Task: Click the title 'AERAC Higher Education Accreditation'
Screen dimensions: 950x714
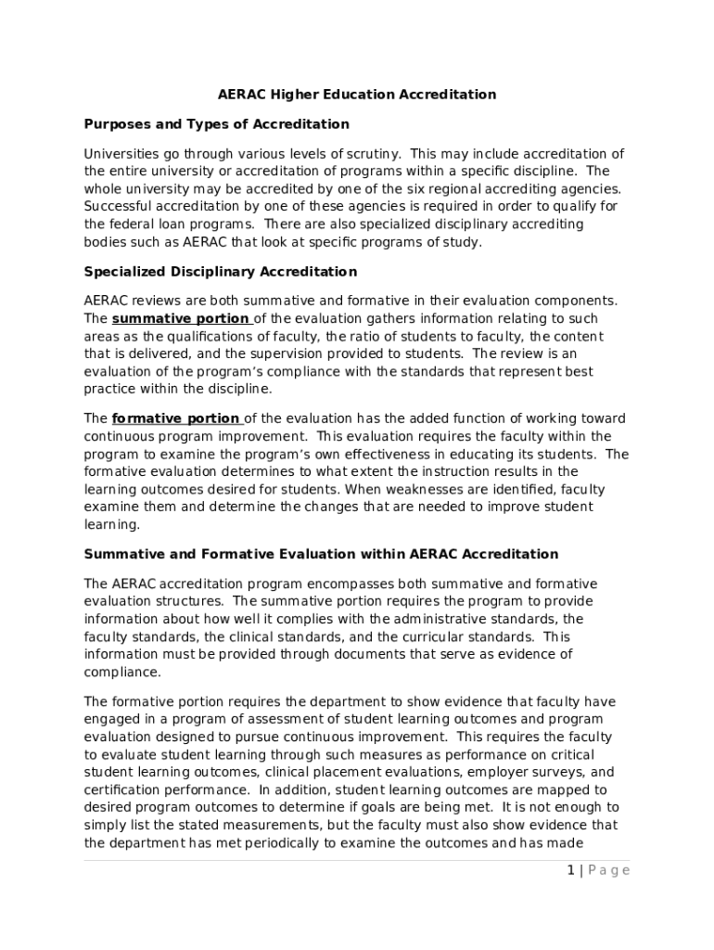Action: tap(357, 95)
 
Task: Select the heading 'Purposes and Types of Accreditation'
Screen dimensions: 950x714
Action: tap(216, 124)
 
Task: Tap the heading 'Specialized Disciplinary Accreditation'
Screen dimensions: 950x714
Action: tap(220, 272)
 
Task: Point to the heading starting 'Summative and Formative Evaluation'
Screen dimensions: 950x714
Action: tap(321, 554)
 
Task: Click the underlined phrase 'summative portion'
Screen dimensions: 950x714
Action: tap(180, 319)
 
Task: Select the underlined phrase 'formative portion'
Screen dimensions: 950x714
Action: tap(176, 418)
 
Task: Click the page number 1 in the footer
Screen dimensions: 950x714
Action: tap(571, 870)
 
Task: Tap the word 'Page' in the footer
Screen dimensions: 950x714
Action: tap(609, 870)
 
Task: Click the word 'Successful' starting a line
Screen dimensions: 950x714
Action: tap(118, 207)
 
